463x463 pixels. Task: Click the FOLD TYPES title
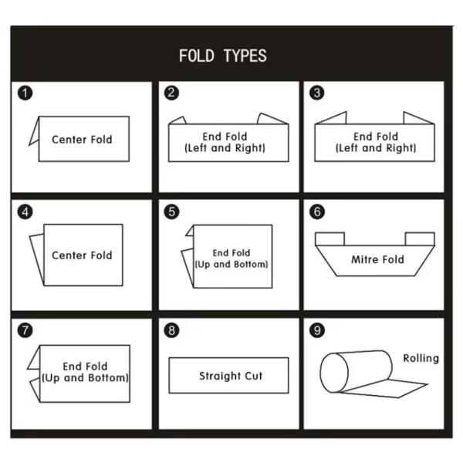pyautogui.click(x=223, y=56)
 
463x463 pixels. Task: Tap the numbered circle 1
pyautogui.click(x=25, y=93)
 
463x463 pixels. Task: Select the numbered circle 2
pyautogui.click(x=171, y=93)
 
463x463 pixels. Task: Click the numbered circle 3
pyautogui.click(x=317, y=93)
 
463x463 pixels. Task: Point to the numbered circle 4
pyautogui.click(x=25, y=212)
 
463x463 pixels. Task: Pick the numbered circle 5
pyautogui.click(x=171, y=212)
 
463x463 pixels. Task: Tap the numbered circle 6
pyautogui.click(x=317, y=211)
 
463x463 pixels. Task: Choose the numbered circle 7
pyautogui.click(x=25, y=330)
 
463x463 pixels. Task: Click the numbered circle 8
pyautogui.click(x=171, y=330)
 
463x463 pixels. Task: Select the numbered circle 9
pyautogui.click(x=317, y=330)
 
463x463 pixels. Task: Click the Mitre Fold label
pyautogui.click(x=377, y=259)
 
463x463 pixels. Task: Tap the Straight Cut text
pyautogui.click(x=231, y=376)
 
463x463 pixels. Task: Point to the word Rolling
pyautogui.click(x=421, y=358)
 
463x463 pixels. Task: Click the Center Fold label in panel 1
pyautogui.click(x=82, y=140)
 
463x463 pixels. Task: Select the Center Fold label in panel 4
pyautogui.click(x=82, y=255)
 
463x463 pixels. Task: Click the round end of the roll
pyautogui.click(x=334, y=373)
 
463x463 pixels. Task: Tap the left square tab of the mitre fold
pyautogui.click(x=330, y=239)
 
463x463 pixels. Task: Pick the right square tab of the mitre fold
pyautogui.click(x=420, y=239)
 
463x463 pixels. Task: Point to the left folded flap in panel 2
pyautogui.click(x=177, y=120)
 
